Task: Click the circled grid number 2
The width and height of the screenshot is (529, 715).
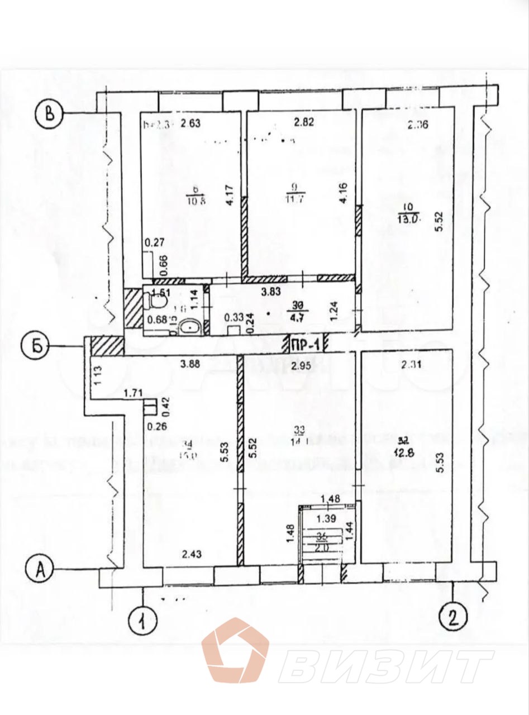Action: pyautogui.click(x=452, y=618)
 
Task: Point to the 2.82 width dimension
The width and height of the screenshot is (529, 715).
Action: pyautogui.click(x=305, y=123)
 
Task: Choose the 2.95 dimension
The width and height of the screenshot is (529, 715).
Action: pyautogui.click(x=301, y=366)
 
